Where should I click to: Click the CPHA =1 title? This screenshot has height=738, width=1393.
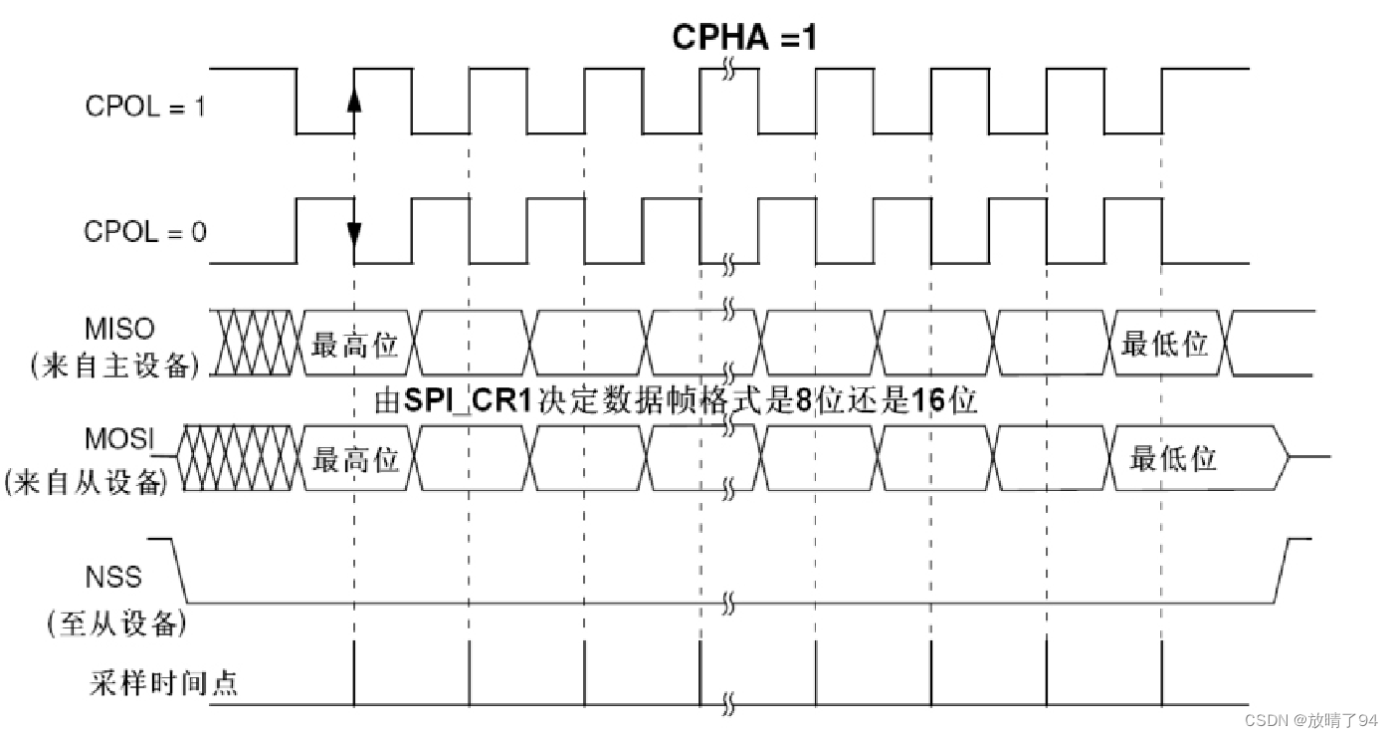pos(744,37)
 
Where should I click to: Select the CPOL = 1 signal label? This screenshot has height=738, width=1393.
pos(144,107)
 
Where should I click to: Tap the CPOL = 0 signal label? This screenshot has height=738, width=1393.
pos(144,232)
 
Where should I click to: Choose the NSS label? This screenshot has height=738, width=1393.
pos(113,576)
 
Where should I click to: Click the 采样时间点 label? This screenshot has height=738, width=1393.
pos(163,684)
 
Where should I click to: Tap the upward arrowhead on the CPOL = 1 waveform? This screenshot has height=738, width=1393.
pos(354,101)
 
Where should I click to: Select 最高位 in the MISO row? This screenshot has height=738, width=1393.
pos(355,346)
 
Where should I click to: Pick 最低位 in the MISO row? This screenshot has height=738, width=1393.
pos(1164,346)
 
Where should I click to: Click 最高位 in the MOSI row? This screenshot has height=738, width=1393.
pos(355,459)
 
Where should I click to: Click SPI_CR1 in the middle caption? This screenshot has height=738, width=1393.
pos(467,401)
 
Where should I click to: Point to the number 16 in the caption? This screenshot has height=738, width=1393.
pos(930,401)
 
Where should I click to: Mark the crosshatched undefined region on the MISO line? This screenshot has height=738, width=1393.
pos(254,343)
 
